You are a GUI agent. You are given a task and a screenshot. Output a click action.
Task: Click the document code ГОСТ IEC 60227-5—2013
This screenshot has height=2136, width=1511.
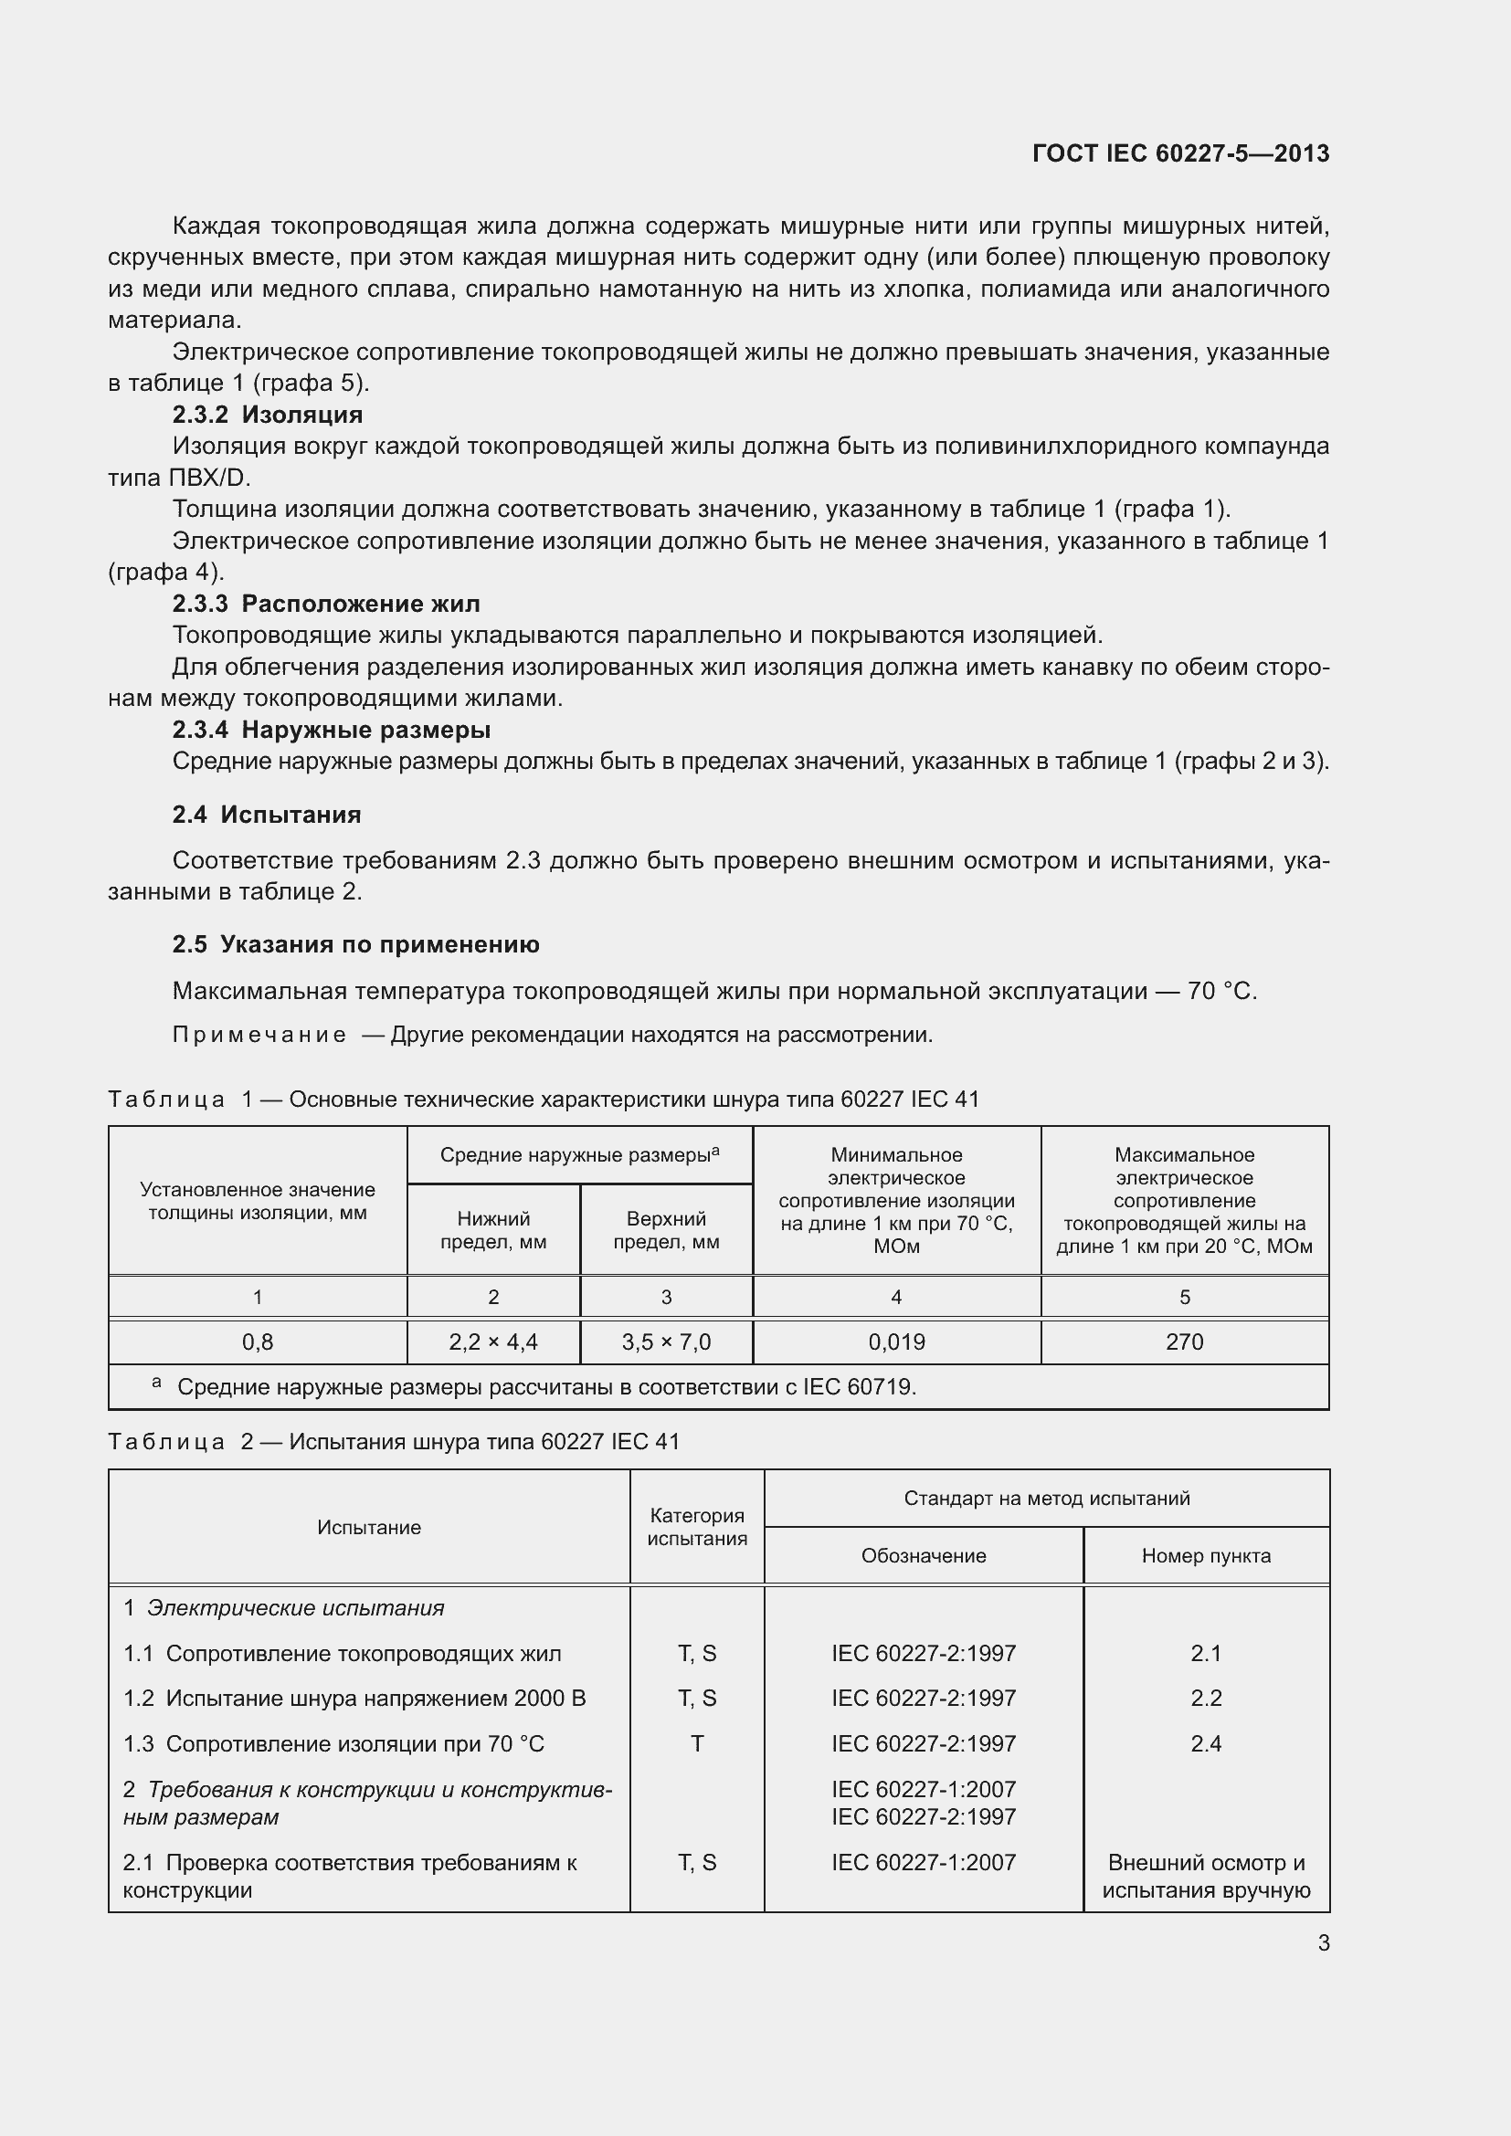point(1179,153)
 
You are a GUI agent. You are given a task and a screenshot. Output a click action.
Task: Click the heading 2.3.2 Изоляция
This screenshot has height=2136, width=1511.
point(267,415)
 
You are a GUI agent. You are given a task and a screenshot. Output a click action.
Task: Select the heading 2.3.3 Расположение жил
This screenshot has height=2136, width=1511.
point(325,605)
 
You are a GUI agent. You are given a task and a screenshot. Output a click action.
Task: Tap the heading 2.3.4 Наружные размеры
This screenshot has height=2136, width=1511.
point(332,731)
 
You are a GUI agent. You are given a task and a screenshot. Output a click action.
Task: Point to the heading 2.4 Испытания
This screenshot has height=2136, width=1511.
point(266,815)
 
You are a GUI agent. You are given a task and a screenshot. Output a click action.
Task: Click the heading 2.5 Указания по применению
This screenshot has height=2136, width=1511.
point(355,945)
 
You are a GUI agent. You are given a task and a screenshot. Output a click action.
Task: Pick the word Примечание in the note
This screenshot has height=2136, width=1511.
point(259,1036)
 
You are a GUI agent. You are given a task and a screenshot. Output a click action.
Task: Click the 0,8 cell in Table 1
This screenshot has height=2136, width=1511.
point(258,1342)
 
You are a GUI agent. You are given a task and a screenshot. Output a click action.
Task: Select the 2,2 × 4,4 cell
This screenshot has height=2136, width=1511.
point(493,1342)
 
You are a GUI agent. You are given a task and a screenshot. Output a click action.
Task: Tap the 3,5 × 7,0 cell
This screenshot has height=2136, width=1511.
point(666,1342)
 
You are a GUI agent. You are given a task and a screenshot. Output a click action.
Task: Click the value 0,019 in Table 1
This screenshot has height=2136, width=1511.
point(896,1342)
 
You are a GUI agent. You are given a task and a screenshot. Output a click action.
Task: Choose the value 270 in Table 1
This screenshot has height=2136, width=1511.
point(1185,1342)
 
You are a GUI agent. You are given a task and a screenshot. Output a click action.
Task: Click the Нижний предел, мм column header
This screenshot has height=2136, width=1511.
point(493,1230)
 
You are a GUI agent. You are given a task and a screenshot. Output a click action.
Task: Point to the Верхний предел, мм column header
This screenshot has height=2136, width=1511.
point(666,1230)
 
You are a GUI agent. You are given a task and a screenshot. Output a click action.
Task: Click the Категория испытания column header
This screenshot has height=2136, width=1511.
point(697,1527)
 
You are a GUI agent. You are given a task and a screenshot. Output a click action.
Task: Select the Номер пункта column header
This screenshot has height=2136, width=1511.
point(1206,1555)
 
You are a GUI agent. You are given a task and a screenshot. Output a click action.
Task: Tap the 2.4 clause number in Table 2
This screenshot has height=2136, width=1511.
point(1206,1743)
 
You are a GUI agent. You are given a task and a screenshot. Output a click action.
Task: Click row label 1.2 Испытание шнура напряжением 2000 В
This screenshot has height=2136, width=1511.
point(354,1698)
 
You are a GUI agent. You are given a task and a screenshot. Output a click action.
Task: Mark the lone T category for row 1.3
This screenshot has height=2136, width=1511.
point(697,1743)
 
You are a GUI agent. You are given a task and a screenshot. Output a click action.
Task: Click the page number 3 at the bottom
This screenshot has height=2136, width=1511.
point(1323,1943)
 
